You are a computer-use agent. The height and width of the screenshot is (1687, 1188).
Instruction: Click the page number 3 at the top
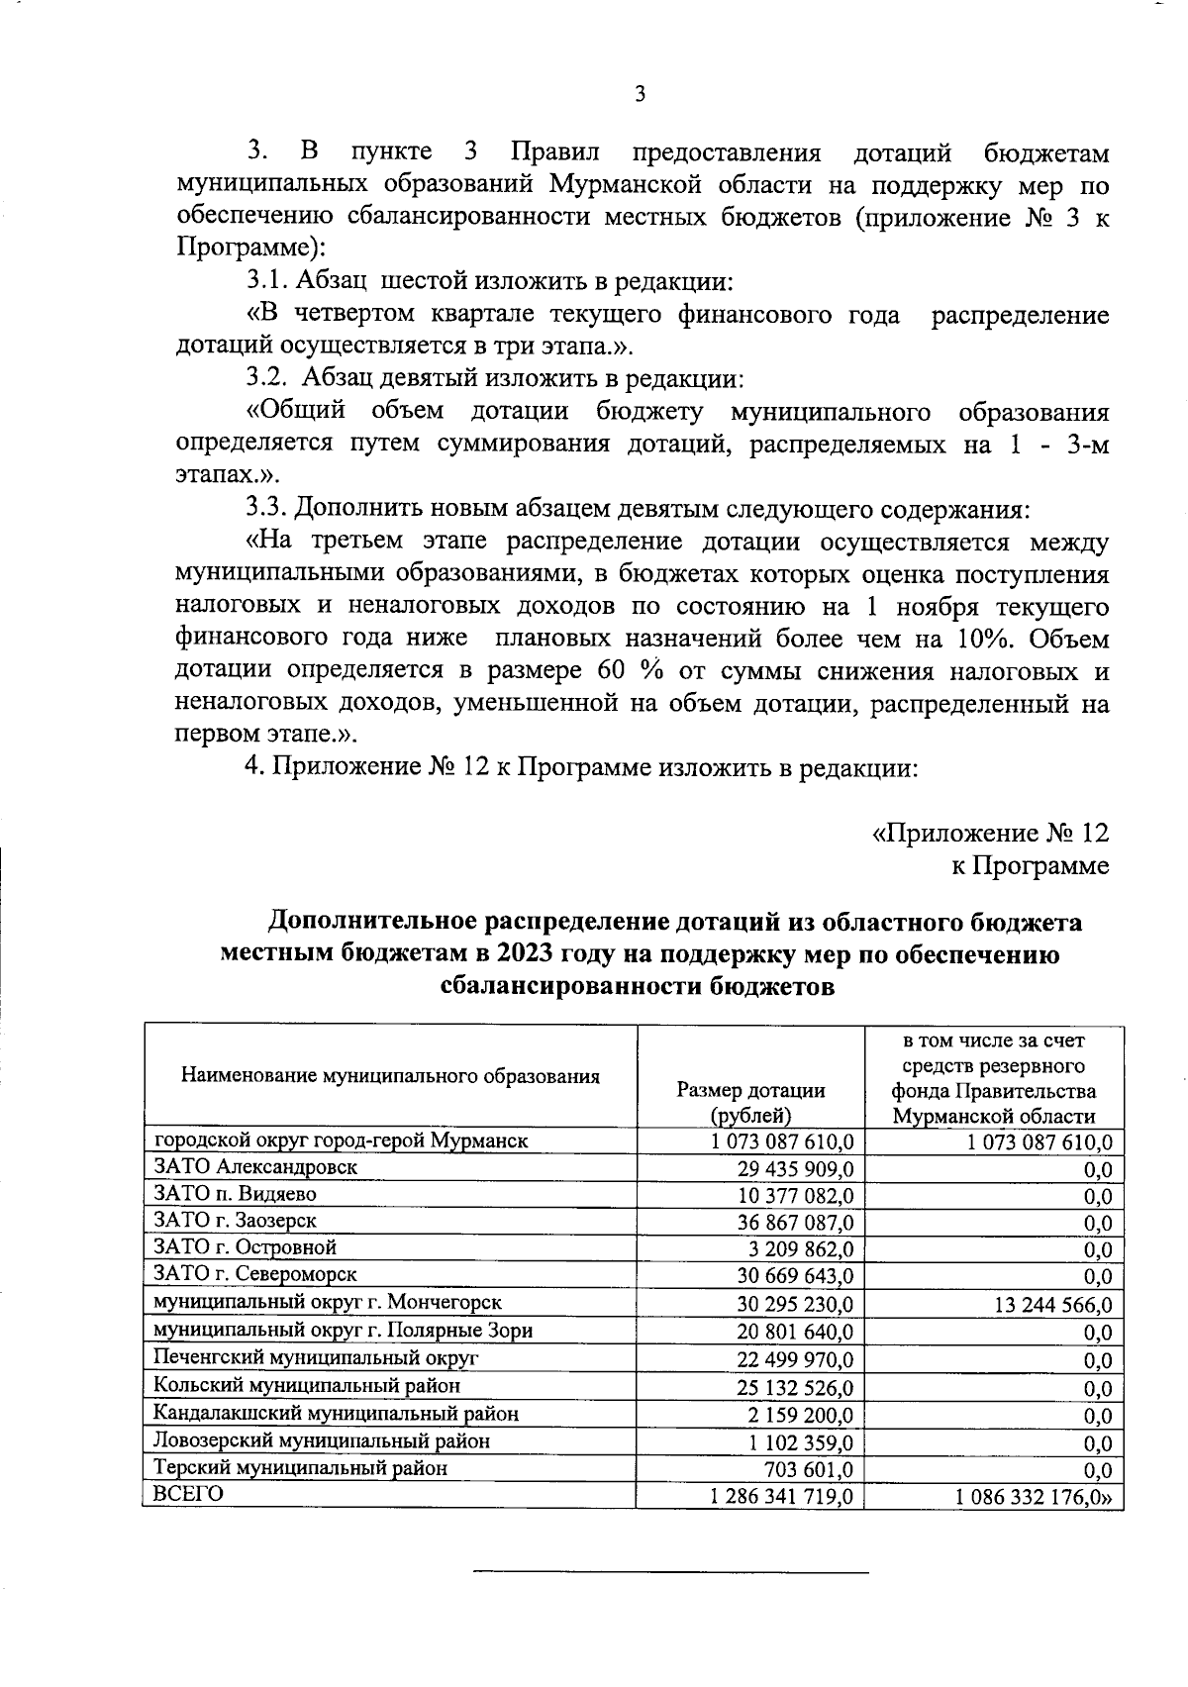click(x=639, y=95)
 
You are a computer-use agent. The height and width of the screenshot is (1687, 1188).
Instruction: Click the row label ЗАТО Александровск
click(x=255, y=1166)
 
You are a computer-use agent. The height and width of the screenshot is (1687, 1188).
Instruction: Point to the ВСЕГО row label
click(x=183, y=1494)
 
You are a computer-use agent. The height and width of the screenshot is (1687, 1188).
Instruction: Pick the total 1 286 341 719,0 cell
click(x=781, y=1496)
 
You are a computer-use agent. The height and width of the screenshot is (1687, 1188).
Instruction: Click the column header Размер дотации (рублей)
click(x=750, y=1102)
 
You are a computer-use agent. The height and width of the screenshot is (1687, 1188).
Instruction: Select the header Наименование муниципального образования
click(x=390, y=1076)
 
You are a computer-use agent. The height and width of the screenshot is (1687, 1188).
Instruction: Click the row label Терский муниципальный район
click(x=300, y=1467)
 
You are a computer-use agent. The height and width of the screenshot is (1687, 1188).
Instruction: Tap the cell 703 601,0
click(x=809, y=1469)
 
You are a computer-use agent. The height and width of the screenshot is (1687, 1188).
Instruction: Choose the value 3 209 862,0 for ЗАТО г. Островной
click(x=801, y=1249)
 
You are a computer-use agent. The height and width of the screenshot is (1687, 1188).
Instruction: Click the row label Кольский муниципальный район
click(x=307, y=1385)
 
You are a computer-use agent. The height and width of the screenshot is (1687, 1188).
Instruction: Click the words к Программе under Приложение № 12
click(x=1030, y=865)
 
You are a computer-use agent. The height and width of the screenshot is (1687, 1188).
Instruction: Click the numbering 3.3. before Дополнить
click(x=267, y=510)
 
